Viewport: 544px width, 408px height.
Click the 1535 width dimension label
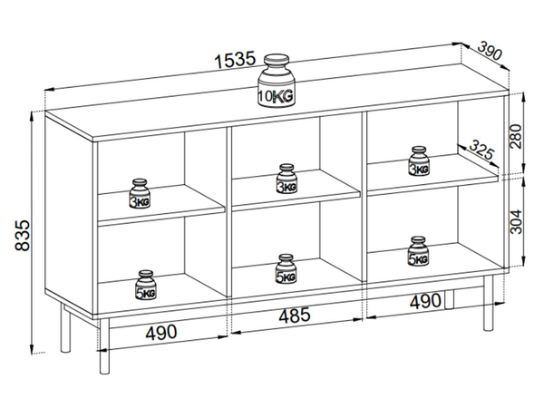[235, 60]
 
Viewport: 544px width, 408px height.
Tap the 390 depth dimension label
[490, 51]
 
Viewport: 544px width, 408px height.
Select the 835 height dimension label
[23, 235]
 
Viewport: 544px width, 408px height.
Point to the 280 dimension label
[516, 136]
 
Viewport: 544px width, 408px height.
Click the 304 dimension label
[516, 222]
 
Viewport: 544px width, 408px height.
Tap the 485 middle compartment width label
[295, 316]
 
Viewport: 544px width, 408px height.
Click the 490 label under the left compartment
[161, 333]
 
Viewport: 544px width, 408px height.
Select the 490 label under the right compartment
[425, 301]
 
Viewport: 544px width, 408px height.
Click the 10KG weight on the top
[277, 81]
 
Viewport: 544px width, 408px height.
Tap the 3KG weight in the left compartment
[140, 194]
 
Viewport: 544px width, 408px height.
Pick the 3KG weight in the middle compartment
[287, 179]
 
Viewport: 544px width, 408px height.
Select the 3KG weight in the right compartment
[419, 161]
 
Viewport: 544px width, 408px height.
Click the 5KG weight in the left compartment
[146, 285]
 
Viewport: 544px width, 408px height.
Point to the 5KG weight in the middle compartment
[287, 269]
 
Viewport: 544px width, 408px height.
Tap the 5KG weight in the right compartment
[418, 251]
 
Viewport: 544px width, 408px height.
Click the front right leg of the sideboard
[488, 303]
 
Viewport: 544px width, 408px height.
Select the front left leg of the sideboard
[104, 346]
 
